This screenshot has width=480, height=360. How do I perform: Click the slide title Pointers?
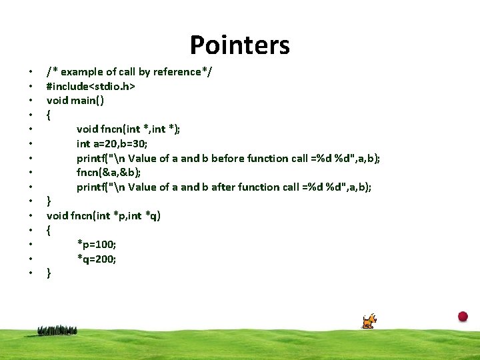click(x=239, y=45)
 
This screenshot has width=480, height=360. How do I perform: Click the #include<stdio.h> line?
click(x=91, y=86)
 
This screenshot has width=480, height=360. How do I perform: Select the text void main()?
click(x=75, y=101)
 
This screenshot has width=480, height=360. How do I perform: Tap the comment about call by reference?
click(x=129, y=72)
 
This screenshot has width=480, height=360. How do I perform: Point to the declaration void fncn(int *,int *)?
click(x=137, y=129)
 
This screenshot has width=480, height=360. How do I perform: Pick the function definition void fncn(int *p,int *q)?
click(x=103, y=215)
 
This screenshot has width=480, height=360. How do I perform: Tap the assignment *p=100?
click(x=97, y=244)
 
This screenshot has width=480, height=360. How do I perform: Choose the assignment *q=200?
click(x=97, y=259)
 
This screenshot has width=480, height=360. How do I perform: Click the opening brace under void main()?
click(x=49, y=115)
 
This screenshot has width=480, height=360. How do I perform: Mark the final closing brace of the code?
click(x=49, y=273)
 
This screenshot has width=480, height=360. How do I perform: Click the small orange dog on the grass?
click(x=369, y=321)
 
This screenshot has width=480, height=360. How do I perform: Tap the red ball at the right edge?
click(x=463, y=317)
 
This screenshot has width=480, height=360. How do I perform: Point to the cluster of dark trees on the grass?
click(x=57, y=330)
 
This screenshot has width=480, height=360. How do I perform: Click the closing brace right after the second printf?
click(x=49, y=201)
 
